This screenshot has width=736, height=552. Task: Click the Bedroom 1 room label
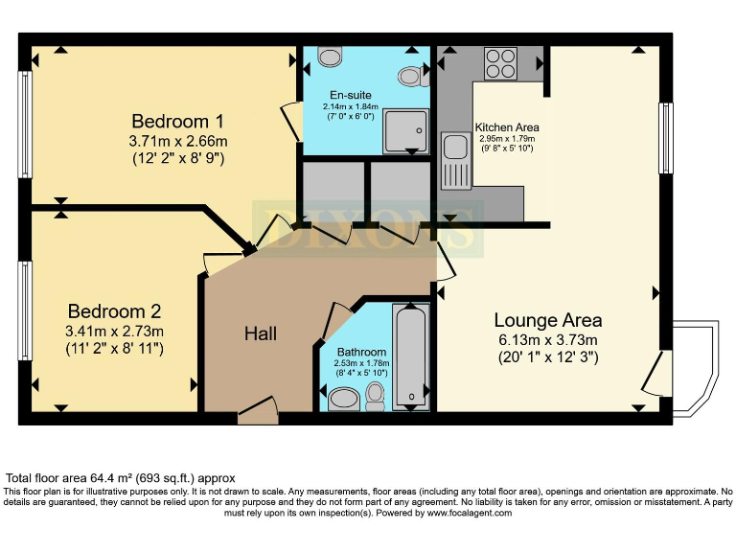pyautogui.click(x=177, y=121)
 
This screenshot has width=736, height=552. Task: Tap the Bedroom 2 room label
pyautogui.click(x=115, y=311)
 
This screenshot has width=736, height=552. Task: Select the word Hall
pyautogui.click(x=261, y=333)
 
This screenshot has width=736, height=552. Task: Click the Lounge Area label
pyautogui.click(x=548, y=320)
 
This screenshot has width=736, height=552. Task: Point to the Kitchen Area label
pyautogui.click(x=507, y=127)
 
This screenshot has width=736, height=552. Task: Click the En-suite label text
pyautogui.click(x=350, y=95)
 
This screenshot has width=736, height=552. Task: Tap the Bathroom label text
pyautogui.click(x=361, y=352)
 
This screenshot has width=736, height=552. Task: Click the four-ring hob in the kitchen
pyautogui.click(x=500, y=63)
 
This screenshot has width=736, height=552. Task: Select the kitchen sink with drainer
pyautogui.click(x=456, y=161)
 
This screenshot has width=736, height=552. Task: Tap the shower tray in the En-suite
pyautogui.click(x=406, y=131)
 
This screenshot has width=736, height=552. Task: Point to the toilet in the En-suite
pyautogui.click(x=413, y=77)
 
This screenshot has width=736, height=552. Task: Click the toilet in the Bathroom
pyautogui.click(x=375, y=396)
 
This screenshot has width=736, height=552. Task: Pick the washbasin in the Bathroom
pyautogui.click(x=344, y=399)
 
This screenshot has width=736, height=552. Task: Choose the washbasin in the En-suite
pyautogui.click(x=331, y=56)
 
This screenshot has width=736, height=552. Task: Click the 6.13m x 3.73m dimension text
pyautogui.click(x=548, y=339)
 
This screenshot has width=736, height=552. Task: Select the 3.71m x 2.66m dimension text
pyautogui.click(x=178, y=140)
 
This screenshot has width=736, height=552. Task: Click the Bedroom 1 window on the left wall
pyautogui.click(x=25, y=125)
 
